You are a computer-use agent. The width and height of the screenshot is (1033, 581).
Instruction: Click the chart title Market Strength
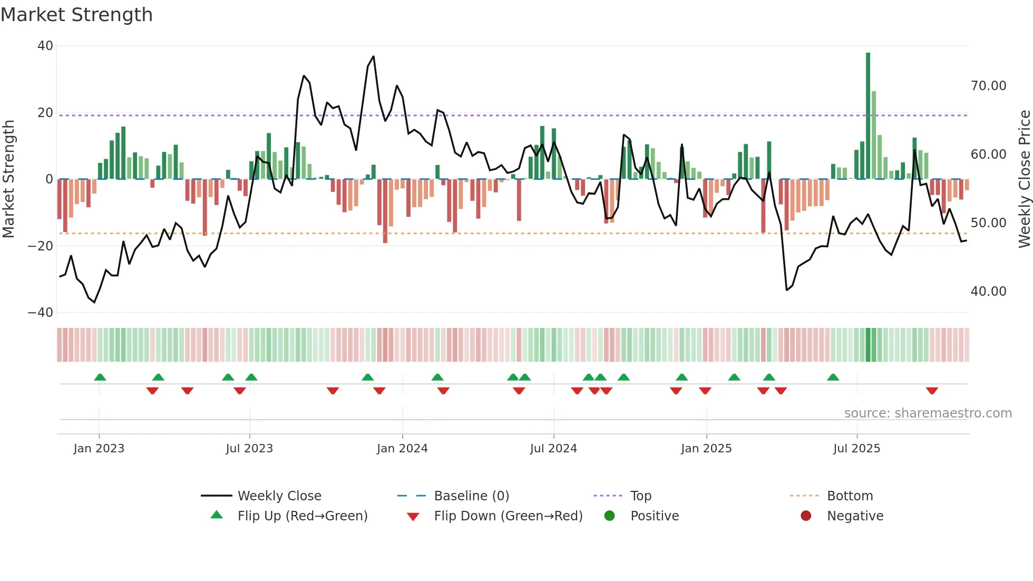[x=76, y=15]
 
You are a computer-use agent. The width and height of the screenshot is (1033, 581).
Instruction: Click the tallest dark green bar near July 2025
[x=868, y=116]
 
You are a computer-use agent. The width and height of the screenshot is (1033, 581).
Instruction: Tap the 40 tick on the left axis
[x=45, y=46]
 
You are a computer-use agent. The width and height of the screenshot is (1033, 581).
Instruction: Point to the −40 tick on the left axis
[x=41, y=313]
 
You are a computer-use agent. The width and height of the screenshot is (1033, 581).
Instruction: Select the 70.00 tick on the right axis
[x=988, y=86]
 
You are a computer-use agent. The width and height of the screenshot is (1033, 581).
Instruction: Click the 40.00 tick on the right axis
[x=988, y=292]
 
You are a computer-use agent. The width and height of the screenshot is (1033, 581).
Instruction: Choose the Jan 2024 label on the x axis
[x=402, y=449]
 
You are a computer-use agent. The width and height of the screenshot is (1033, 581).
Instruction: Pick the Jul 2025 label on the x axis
[x=856, y=449]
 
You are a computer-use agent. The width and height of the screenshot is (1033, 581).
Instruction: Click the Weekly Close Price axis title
[x=1024, y=179]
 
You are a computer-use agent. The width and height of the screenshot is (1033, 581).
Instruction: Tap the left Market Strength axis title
[x=9, y=179]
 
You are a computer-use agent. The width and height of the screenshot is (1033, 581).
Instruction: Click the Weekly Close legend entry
[x=279, y=496]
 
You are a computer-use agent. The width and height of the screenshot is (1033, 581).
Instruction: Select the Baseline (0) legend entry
[x=471, y=496]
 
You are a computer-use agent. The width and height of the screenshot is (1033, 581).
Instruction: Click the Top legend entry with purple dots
[x=640, y=496]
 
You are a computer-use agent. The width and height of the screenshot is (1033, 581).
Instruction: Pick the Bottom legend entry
[x=850, y=496]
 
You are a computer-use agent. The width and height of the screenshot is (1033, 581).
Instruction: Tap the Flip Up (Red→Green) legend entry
[x=302, y=516]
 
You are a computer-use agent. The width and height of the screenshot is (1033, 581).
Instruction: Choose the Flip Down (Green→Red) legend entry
[x=508, y=516]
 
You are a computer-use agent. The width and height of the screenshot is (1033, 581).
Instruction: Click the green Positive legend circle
[x=610, y=516]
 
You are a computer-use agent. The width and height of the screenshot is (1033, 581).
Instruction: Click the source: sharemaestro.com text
[x=928, y=413]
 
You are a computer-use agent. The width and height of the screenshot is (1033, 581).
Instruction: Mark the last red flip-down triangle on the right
[x=932, y=391]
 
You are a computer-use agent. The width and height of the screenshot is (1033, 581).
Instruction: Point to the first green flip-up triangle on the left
[x=100, y=377]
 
